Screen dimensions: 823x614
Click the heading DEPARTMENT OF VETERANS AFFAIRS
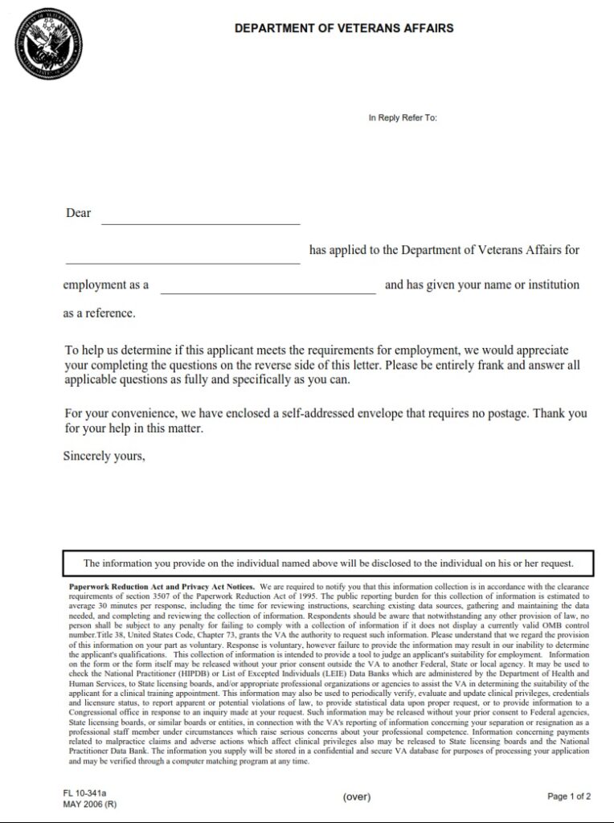(344, 28)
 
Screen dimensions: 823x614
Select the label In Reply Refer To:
(403, 118)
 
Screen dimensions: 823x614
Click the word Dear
(78, 214)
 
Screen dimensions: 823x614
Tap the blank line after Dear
(200, 219)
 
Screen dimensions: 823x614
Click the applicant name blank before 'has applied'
(182, 257)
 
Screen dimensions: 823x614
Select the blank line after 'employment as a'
(268, 289)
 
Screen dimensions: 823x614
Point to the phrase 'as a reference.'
(99, 313)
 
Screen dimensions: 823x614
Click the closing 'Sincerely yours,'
(104, 456)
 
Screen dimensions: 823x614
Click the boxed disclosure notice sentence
(328, 563)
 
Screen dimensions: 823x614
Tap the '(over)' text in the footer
(356, 796)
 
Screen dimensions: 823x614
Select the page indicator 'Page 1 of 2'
(569, 796)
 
